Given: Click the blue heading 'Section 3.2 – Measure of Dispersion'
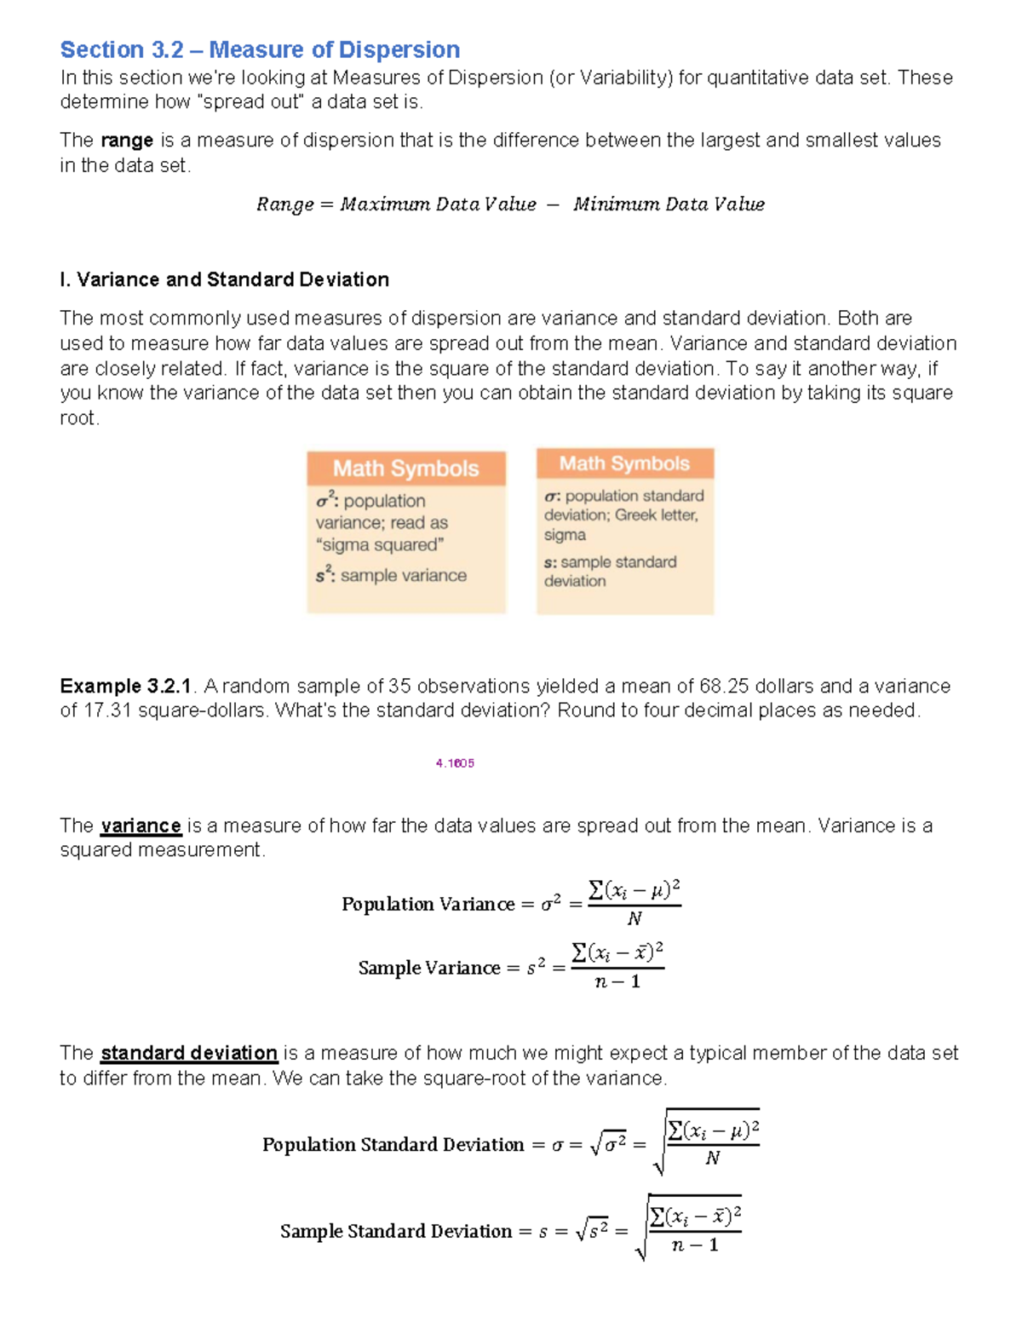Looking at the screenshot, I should click(x=260, y=49).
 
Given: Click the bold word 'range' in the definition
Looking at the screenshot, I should click(x=127, y=141).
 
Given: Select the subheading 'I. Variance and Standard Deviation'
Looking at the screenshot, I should click(x=224, y=279).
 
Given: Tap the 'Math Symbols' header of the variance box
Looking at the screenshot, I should click(x=405, y=469).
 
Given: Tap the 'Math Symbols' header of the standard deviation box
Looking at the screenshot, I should click(x=624, y=463).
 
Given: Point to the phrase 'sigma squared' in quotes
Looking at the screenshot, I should click(x=380, y=545).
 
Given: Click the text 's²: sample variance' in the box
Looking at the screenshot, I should click(x=391, y=576).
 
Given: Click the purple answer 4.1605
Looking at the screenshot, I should click(x=455, y=763).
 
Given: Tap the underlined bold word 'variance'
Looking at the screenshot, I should click(x=141, y=825).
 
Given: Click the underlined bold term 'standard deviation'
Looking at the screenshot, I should click(x=189, y=1053).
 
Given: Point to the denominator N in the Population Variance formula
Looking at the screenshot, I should click(x=634, y=918).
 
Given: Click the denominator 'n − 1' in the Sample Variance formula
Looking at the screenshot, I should click(x=617, y=981).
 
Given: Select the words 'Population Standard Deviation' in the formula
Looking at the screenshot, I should click(x=393, y=1144).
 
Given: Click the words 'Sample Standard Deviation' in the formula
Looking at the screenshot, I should click(x=396, y=1231).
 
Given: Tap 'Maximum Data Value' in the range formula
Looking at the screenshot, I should click(x=438, y=204).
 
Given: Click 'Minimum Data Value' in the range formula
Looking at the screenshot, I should click(x=669, y=204).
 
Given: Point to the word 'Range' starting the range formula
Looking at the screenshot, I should click(x=284, y=204).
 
